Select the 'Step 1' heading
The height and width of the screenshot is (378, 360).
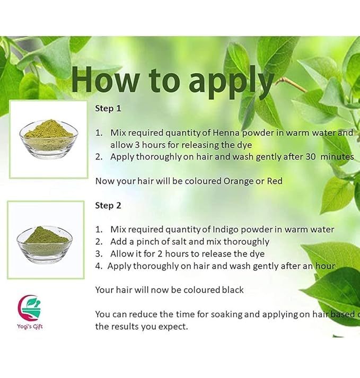[x=108, y=109]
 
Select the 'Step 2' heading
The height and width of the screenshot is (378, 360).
[x=108, y=206]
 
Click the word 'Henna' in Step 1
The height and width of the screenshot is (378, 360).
[x=226, y=133]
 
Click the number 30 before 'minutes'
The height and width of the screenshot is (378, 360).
[x=311, y=157]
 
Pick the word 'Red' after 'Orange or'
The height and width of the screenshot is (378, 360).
[x=275, y=181]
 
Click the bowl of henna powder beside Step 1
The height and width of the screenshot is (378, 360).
[x=49, y=138]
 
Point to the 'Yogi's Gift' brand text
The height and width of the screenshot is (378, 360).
[x=30, y=327]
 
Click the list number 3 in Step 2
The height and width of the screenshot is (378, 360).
[x=99, y=254]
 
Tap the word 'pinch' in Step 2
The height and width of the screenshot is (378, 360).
[x=147, y=242]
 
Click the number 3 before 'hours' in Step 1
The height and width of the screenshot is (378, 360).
[x=137, y=145]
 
